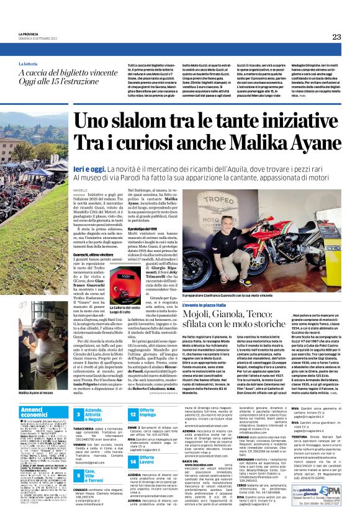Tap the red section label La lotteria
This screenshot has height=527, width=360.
(28, 64)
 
